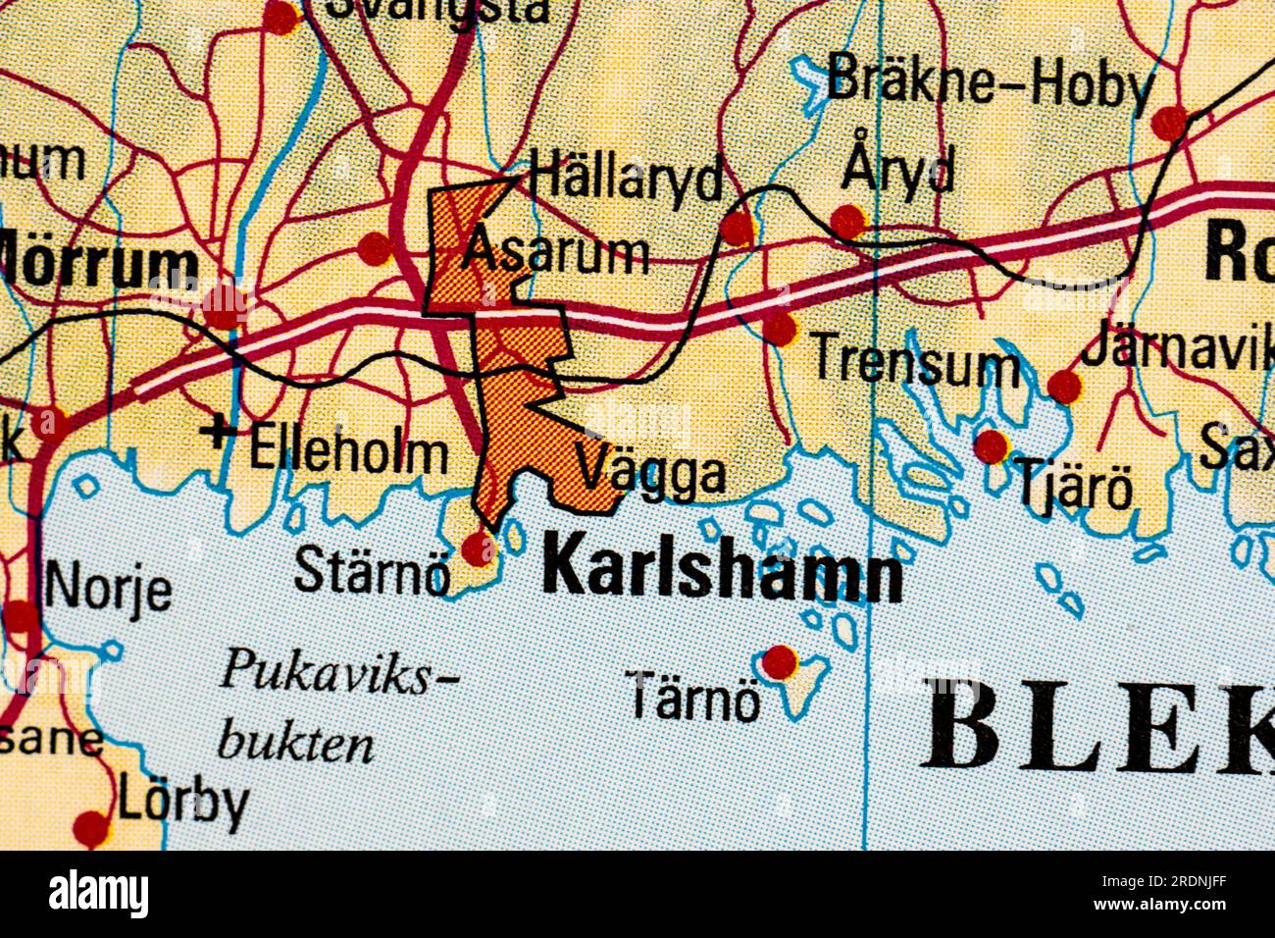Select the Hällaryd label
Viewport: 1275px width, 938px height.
tap(626, 179)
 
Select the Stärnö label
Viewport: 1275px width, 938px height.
tap(372, 571)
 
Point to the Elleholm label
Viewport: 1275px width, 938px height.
tap(349, 452)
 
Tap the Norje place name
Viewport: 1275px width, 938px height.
tap(108, 588)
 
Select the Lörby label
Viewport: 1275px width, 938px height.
tap(183, 804)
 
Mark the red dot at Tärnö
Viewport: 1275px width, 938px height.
tap(780, 662)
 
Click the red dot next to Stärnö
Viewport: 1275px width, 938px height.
tap(479, 548)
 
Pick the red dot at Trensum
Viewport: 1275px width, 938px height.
tap(780, 329)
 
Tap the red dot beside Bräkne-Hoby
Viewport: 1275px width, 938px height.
tap(1168, 124)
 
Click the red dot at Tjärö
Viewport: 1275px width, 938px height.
tap(991, 446)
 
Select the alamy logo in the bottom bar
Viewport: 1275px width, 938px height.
tap(98, 895)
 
